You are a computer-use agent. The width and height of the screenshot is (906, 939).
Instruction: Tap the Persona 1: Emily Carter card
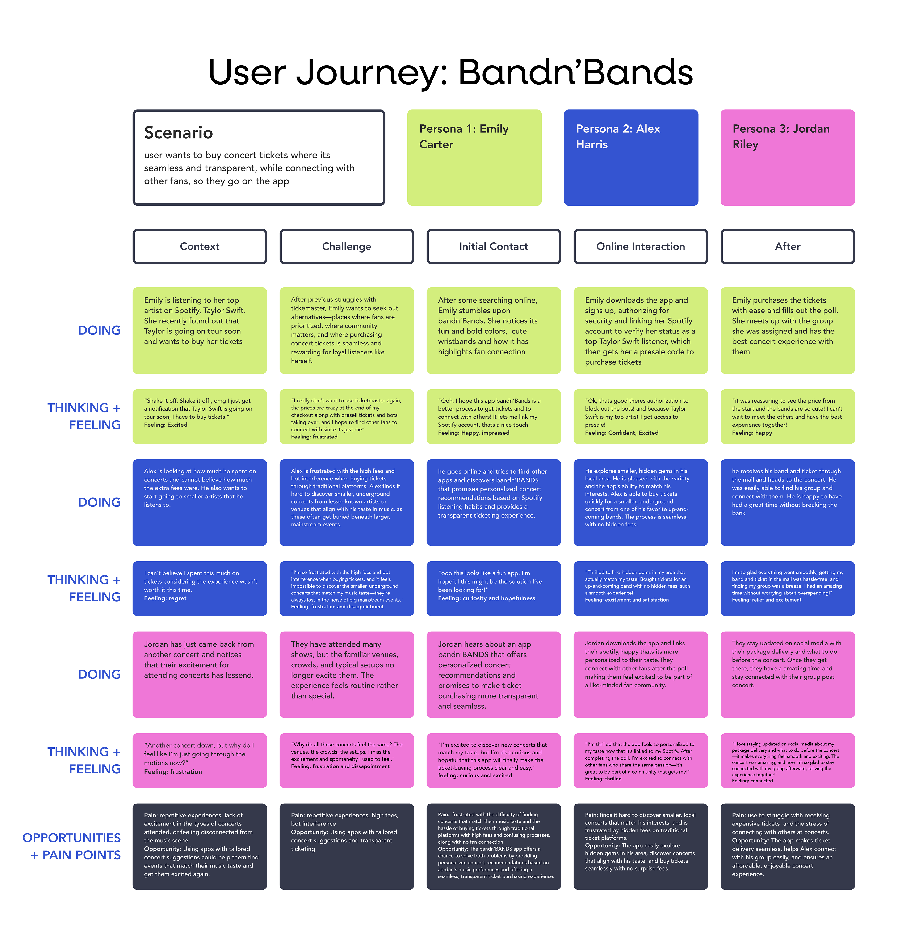point(474,158)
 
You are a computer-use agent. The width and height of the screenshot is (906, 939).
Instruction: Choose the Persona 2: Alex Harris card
point(631,158)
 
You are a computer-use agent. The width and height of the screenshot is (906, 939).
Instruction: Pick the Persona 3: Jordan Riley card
point(787,158)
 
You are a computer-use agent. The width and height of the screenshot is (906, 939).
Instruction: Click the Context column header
point(200,246)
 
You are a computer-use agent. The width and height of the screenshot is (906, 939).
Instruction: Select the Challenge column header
point(347,246)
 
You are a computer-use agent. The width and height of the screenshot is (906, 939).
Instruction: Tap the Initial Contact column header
point(494,246)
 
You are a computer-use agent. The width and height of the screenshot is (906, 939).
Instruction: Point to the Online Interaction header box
point(641,246)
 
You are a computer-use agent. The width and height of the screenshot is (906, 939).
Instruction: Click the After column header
point(788,246)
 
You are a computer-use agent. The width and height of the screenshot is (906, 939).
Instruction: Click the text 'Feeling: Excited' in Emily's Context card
point(166,425)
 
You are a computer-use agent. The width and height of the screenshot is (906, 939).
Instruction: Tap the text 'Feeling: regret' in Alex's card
point(165,598)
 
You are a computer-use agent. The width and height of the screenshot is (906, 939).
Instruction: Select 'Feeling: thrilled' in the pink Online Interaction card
point(603,779)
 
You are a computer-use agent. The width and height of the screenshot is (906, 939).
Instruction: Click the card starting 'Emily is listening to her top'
point(200,331)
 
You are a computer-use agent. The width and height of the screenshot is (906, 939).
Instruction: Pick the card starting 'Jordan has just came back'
point(200,674)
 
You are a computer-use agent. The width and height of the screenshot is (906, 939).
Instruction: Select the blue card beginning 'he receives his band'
point(788,503)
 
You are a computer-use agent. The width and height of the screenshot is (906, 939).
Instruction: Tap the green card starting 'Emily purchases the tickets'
point(788,331)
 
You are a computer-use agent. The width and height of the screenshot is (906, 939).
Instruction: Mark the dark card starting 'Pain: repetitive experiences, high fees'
point(347,846)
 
